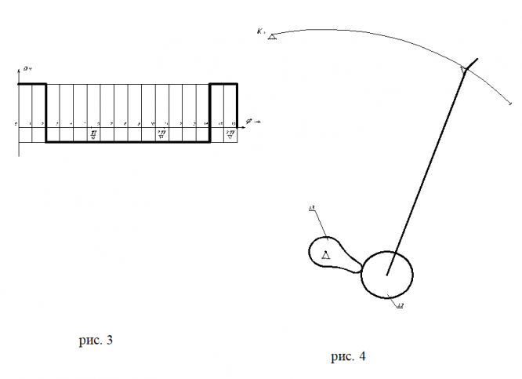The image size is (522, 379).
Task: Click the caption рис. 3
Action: [96, 341]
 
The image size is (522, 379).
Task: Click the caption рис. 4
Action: [347, 357]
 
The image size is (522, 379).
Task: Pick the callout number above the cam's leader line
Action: [312, 208]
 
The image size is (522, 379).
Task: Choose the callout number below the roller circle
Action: [400, 304]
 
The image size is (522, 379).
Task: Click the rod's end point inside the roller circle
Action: [387, 274]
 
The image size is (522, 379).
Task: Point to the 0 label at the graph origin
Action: [16, 125]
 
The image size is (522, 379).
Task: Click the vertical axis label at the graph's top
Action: [27, 71]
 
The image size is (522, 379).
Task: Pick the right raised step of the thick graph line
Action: [223, 83]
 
